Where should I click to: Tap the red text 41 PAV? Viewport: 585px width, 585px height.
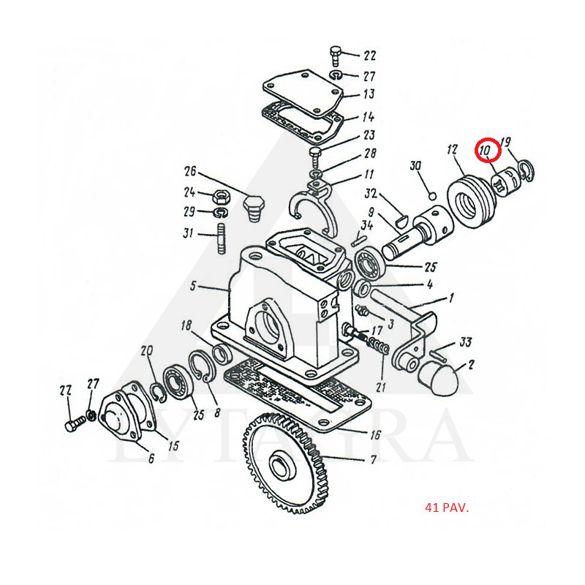pyautogui.click(x=447, y=507)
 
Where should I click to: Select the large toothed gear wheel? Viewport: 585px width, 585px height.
pyautogui.click(x=285, y=462)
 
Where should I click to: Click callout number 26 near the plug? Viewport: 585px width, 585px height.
pyautogui.click(x=189, y=172)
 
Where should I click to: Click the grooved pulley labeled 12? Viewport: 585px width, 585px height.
pyautogui.click(x=471, y=203)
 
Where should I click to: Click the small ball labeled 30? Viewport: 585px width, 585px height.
pyautogui.click(x=432, y=196)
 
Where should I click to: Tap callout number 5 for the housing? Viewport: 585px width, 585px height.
pyautogui.click(x=192, y=286)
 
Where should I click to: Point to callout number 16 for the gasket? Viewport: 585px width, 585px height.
pyautogui.click(x=375, y=434)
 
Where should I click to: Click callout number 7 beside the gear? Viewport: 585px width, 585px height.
pyautogui.click(x=373, y=459)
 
